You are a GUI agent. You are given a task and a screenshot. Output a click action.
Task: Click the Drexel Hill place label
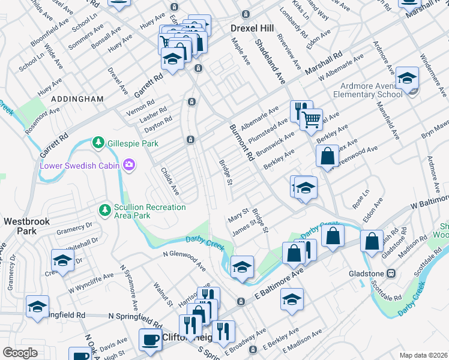252,28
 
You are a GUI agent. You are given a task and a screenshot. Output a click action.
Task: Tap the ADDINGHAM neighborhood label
77,98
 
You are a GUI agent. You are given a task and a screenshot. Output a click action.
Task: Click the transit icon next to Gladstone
391,273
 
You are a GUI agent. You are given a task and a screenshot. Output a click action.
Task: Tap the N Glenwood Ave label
184,256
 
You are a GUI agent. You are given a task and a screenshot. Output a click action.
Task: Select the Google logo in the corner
20,352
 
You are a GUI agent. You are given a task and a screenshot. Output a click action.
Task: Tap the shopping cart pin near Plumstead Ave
312,119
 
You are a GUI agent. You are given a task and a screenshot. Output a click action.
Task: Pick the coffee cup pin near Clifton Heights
150,339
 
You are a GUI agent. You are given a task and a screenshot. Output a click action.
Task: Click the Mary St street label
238,214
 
